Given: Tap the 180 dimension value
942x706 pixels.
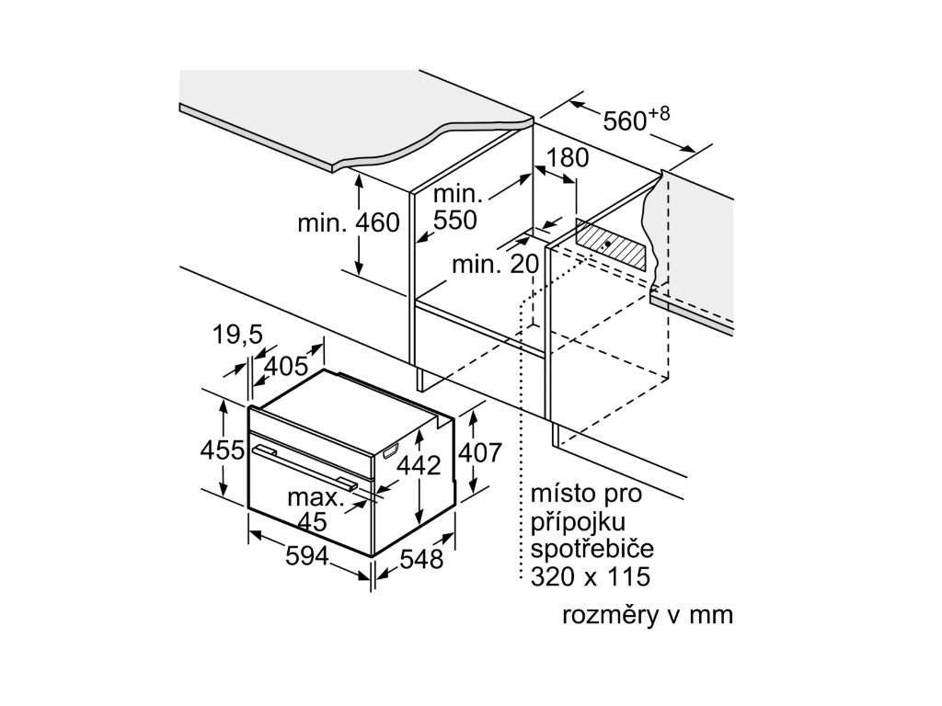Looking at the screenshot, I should coord(568,157).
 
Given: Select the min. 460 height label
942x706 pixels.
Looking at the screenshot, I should coord(349,223).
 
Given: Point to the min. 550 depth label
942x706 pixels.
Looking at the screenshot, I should coord(457,208).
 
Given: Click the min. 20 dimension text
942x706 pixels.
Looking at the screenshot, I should coord(494,265).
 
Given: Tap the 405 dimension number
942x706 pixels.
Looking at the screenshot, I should coord(286,367).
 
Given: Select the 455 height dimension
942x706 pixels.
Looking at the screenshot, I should coord(222,450).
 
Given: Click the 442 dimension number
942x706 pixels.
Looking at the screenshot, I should coord(419,465).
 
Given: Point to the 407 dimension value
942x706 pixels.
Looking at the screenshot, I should coord(480,452).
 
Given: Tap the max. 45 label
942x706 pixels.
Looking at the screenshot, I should coord(315,510).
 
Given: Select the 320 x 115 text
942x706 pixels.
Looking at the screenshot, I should coord(590,576).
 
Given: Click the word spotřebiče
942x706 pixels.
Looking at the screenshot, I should coord(592,550).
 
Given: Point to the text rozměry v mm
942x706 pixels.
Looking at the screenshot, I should coord(648,615).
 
